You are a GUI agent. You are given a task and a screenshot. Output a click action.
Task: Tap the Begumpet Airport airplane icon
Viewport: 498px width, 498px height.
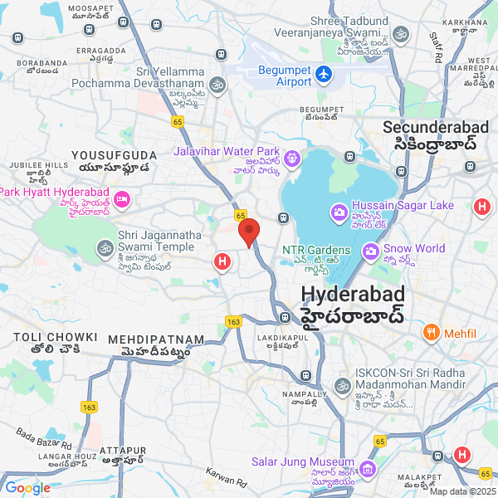coord(323,74)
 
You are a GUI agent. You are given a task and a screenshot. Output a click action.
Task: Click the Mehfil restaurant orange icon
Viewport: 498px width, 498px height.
coord(431,334)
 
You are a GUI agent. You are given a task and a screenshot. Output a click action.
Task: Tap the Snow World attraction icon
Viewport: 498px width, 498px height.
coord(370,250)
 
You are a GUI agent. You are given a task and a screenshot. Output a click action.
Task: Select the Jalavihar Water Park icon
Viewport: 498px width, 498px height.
coord(292,158)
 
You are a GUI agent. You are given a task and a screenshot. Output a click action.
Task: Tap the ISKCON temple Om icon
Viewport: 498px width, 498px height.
coord(342,385)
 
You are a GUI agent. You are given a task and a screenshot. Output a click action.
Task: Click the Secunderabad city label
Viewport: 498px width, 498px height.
coord(429,128)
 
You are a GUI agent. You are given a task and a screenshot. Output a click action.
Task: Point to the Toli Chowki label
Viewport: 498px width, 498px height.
coord(56,338)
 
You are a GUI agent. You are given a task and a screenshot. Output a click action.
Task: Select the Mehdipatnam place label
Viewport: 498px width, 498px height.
coord(156,340)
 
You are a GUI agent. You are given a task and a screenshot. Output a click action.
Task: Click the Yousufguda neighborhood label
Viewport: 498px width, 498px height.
coord(114,155)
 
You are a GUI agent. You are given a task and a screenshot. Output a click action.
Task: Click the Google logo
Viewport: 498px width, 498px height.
coord(27,488)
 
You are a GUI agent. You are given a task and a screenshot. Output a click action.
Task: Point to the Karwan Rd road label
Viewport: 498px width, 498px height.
coord(227,476)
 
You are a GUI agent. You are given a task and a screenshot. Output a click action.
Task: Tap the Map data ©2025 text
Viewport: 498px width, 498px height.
coord(461,491)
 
